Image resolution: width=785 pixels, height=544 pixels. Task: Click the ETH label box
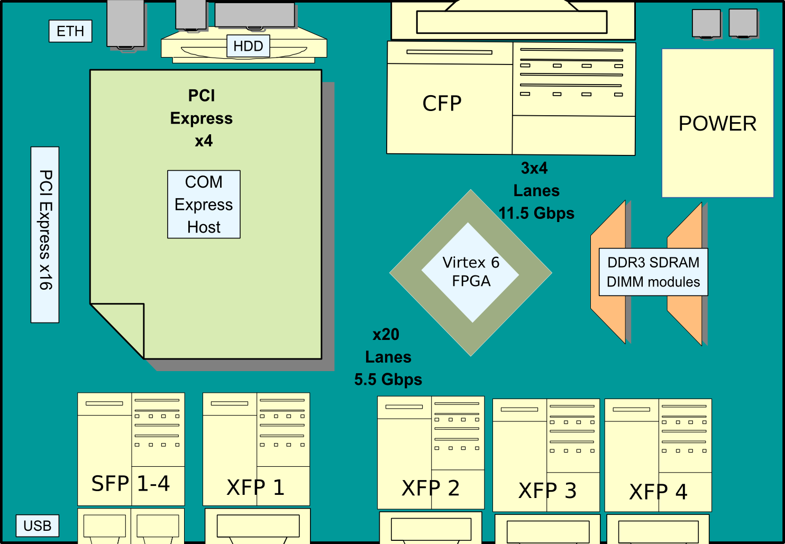pyautogui.click(x=70, y=31)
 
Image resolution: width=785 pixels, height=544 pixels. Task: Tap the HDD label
pyautogui.click(x=248, y=46)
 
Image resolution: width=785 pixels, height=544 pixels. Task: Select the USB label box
pyautogui.click(x=37, y=526)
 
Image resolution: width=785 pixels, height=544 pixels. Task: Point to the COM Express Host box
pyautogui.click(x=204, y=205)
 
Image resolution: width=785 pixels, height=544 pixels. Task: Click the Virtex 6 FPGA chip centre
pyautogui.click(x=471, y=272)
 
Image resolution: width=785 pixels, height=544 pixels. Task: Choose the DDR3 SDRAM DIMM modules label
pyautogui.click(x=653, y=272)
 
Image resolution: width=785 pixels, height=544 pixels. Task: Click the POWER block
pyautogui.click(x=717, y=123)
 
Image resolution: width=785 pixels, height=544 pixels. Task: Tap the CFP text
pyautogui.click(x=442, y=103)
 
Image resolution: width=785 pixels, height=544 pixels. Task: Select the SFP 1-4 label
pyautogui.click(x=130, y=484)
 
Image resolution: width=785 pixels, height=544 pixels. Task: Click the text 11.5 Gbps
pyautogui.click(x=536, y=213)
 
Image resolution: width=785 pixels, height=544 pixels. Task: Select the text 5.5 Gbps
pyautogui.click(x=388, y=380)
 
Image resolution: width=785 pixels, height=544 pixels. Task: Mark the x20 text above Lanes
pyautogui.click(x=386, y=335)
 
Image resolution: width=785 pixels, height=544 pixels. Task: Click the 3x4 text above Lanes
pyautogui.click(x=534, y=168)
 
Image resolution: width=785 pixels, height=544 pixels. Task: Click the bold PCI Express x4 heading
pyautogui.click(x=202, y=118)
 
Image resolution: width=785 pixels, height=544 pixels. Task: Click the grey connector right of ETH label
pyautogui.click(x=125, y=24)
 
